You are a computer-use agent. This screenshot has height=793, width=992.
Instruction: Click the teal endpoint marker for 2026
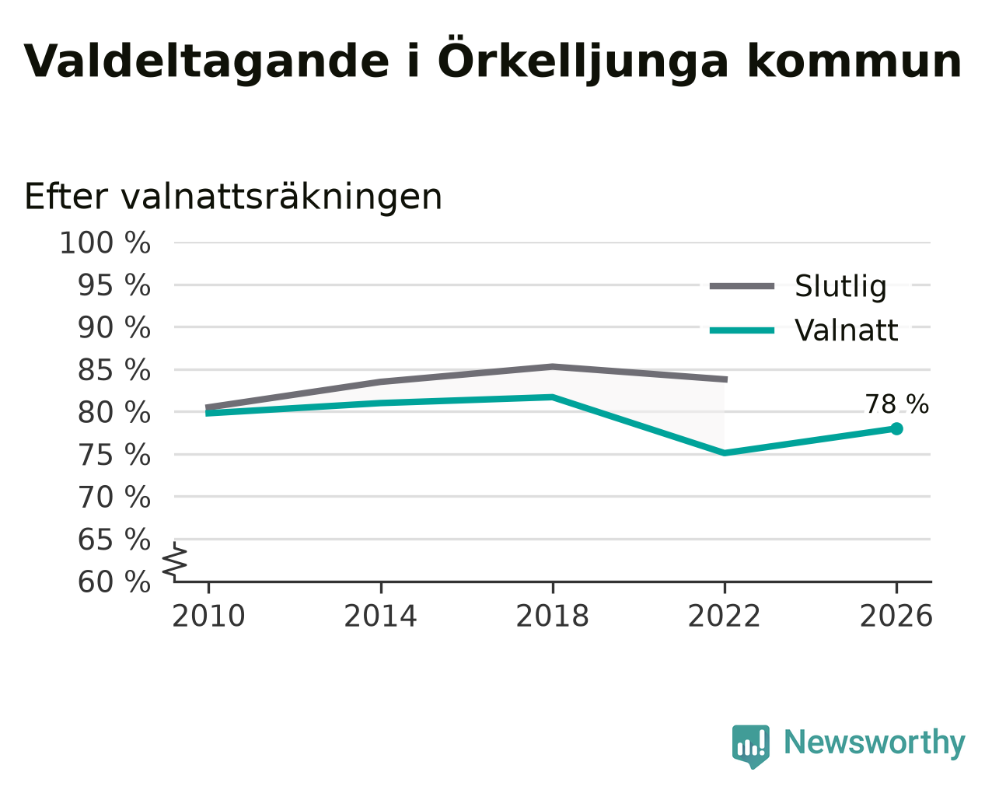coord(896,429)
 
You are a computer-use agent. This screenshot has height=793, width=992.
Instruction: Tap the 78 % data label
coord(896,404)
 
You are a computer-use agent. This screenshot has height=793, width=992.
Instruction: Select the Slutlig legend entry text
coord(840,287)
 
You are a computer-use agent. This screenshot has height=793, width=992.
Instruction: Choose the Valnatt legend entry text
coord(847,330)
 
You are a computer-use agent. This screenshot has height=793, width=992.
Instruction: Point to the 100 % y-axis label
coord(105,243)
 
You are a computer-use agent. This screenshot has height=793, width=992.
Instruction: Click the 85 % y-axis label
coord(114,370)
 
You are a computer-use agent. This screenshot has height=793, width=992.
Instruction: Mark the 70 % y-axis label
coord(114,498)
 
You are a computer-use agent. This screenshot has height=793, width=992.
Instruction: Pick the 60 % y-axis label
coord(114,582)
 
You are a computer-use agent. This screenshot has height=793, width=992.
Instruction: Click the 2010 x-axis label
coord(208,617)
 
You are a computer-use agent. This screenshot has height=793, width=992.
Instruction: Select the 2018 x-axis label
coord(552,617)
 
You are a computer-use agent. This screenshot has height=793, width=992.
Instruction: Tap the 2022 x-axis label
coord(725,617)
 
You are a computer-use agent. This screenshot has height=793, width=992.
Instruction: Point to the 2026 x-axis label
coord(896,617)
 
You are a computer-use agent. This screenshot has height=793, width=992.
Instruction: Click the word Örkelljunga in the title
coord(582,61)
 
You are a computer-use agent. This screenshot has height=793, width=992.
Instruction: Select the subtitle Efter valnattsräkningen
coord(233,197)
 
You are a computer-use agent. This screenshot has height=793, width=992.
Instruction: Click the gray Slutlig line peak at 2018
coord(553,366)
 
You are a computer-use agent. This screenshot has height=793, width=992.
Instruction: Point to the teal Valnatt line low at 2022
coord(725,453)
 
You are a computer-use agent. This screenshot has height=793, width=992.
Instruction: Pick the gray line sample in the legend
coord(742,287)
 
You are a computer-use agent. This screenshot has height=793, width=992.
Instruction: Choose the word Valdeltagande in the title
coord(207,61)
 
